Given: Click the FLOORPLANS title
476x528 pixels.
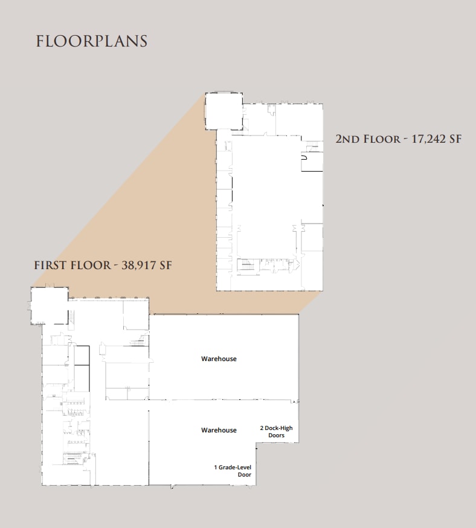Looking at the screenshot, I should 92,41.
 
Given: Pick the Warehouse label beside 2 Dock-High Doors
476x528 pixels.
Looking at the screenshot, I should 219,430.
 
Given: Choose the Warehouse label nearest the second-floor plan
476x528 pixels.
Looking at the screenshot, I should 219,359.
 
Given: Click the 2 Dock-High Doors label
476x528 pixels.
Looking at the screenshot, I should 276,432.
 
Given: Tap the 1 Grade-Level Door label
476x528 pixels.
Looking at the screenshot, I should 232,471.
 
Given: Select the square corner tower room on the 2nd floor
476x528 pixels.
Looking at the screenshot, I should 223,111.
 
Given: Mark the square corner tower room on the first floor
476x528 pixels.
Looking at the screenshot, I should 49,305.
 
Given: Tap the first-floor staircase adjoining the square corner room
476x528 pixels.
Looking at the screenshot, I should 72,316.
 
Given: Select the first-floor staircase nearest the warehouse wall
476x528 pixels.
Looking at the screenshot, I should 140,342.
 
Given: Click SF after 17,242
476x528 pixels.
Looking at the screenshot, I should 455,139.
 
